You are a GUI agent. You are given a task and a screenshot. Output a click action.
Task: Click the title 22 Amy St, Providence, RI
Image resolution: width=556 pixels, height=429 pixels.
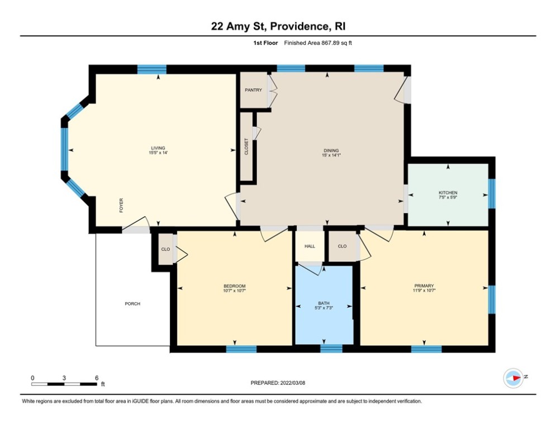[x=278, y=26]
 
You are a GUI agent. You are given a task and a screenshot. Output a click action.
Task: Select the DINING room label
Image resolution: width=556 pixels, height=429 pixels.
[x=331, y=150]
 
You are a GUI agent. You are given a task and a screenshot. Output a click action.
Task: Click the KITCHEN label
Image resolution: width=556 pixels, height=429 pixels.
[x=448, y=193]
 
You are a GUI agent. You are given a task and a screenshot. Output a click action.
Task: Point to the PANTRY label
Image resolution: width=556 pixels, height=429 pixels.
[x=253, y=90]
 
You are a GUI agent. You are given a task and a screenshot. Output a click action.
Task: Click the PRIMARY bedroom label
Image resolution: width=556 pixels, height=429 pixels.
[x=424, y=285]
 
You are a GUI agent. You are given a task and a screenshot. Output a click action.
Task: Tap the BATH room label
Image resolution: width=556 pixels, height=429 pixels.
[x=324, y=304]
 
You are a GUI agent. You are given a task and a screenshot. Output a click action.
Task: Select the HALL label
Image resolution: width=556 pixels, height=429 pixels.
[x=310, y=246]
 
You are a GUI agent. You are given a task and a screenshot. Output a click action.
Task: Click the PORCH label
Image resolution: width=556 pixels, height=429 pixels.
[x=132, y=304]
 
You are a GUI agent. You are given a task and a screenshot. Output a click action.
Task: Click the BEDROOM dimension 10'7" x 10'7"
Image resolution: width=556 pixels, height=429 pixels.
[x=234, y=291]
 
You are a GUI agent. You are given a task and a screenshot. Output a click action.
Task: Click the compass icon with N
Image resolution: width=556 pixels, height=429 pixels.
[x=513, y=378]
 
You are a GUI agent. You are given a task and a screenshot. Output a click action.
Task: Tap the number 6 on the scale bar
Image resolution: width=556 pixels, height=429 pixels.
[x=96, y=378]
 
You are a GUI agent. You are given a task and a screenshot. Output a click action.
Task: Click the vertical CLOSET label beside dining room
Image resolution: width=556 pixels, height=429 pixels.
[x=246, y=147]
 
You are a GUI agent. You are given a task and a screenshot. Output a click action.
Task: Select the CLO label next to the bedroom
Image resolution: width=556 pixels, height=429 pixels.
[x=165, y=249]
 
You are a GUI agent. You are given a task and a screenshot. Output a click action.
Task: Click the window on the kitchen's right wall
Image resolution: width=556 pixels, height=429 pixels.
[x=492, y=193]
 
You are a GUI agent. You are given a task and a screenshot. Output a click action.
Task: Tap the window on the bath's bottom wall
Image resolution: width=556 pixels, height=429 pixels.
[x=331, y=349]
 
